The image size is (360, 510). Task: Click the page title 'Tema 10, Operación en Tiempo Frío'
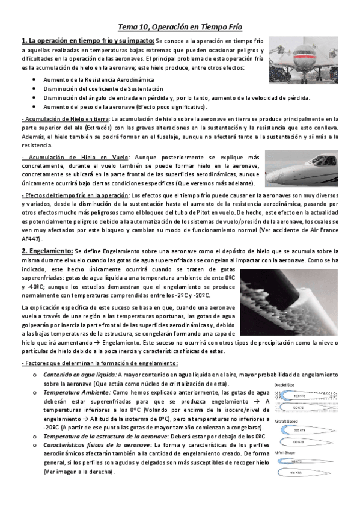click(x=180, y=27)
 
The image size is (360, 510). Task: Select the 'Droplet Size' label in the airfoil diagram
click(x=285, y=384)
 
